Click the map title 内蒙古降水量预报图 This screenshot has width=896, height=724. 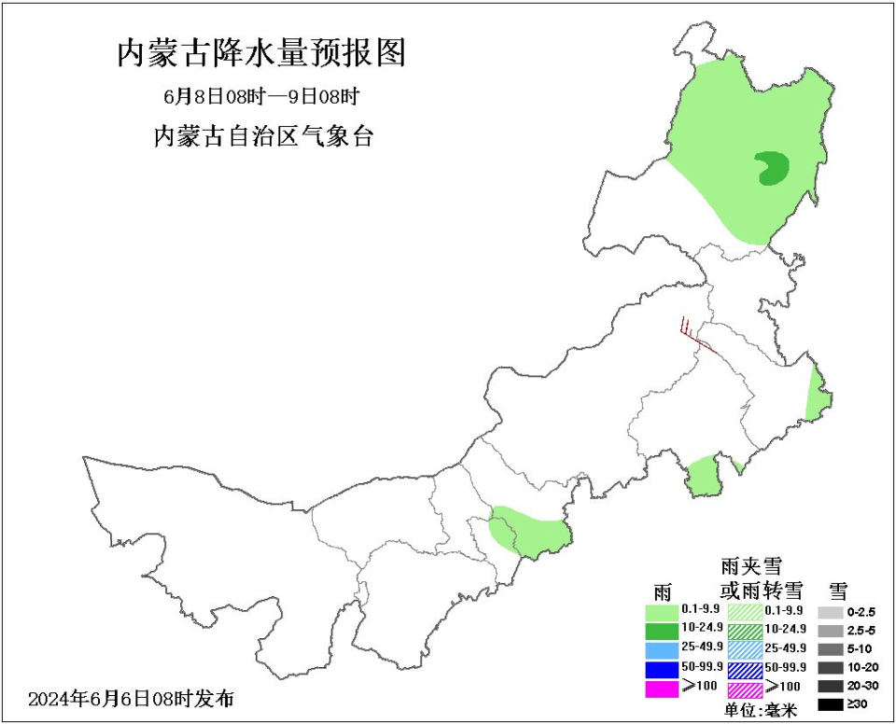261,53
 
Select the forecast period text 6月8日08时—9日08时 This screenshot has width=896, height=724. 261,96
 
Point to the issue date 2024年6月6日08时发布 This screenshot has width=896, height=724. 132,698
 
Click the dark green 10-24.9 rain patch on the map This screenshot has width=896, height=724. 772,169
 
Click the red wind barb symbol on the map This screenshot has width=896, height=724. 695,337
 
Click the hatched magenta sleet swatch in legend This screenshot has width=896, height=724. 745,689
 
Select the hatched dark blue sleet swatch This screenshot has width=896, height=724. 745,669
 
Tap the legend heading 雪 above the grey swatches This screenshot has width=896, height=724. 837,590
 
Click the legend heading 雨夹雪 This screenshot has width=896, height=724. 751,566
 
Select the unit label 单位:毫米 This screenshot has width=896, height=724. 761,711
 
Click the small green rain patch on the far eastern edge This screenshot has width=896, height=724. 817,393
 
